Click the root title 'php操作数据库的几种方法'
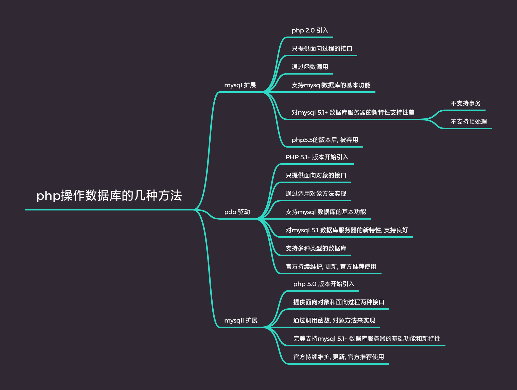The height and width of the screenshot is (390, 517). (109, 196)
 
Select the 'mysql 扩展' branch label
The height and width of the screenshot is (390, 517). (240, 85)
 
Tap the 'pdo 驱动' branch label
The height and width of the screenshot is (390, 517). (237, 212)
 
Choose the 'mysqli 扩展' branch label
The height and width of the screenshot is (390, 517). (241, 321)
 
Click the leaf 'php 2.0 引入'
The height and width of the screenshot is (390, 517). (310, 30)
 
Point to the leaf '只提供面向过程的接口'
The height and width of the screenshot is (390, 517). (322, 49)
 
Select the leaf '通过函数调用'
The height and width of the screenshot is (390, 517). (310, 67)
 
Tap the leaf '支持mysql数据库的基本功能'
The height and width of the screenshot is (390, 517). (331, 85)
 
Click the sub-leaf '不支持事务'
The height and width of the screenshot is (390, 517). (466, 103)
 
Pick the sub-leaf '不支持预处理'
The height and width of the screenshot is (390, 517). (469, 122)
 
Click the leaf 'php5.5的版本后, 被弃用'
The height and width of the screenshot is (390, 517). (325, 140)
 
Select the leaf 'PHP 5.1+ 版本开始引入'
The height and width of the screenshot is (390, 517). (317, 157)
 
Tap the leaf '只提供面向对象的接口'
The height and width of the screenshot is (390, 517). (316, 175)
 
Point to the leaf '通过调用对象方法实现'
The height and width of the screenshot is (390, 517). (316, 194)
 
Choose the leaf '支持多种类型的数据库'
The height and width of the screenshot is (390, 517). (316, 249)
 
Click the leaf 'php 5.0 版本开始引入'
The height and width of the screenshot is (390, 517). (324, 284)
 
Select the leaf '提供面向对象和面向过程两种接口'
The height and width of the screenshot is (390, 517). (339, 302)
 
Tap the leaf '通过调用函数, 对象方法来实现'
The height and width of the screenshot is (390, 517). (334, 321)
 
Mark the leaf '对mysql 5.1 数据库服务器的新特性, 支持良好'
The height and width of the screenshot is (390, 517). (347, 230)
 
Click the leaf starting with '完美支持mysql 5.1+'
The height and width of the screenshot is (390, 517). (367, 339)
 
